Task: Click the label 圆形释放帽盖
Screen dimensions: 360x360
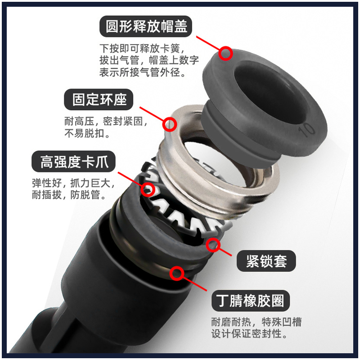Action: click(x=146, y=27)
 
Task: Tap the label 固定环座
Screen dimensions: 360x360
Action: click(x=100, y=99)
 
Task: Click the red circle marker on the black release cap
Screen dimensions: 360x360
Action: click(x=226, y=54)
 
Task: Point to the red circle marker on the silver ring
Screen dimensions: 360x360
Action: click(x=170, y=125)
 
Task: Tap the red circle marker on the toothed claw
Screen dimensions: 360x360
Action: click(x=148, y=189)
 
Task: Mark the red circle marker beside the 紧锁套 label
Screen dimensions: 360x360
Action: click(x=213, y=245)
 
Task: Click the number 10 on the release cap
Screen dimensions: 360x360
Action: click(x=307, y=130)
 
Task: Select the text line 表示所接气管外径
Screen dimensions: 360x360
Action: click(x=143, y=72)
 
